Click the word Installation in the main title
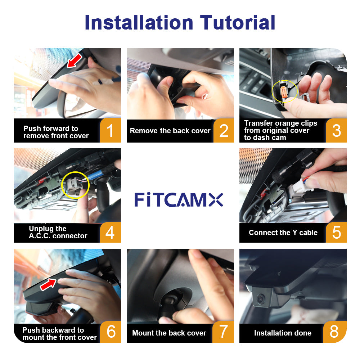pos(139,22)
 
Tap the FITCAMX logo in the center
pos(179,199)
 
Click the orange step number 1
pos(111,130)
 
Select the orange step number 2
pos(224,131)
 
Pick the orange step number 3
pos(336,131)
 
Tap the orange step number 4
pos(110,232)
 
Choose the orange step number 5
pos(336,232)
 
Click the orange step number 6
pos(111,332)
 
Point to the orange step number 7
pos(223,332)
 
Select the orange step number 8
pos(334,332)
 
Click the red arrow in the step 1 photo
pos(75,61)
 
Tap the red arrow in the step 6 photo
pos(48,284)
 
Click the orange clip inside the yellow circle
pos(283,92)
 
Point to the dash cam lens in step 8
pos(261,299)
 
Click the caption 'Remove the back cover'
pos(170,131)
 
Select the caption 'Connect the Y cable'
pos(283,233)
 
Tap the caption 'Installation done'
pos(283,333)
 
